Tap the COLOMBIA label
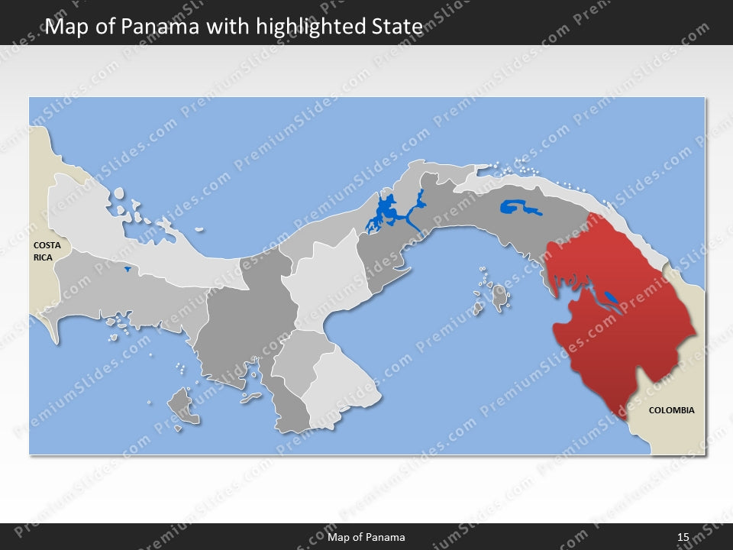671,410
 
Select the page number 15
683,537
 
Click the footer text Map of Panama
366,537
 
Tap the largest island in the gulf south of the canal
499,296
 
